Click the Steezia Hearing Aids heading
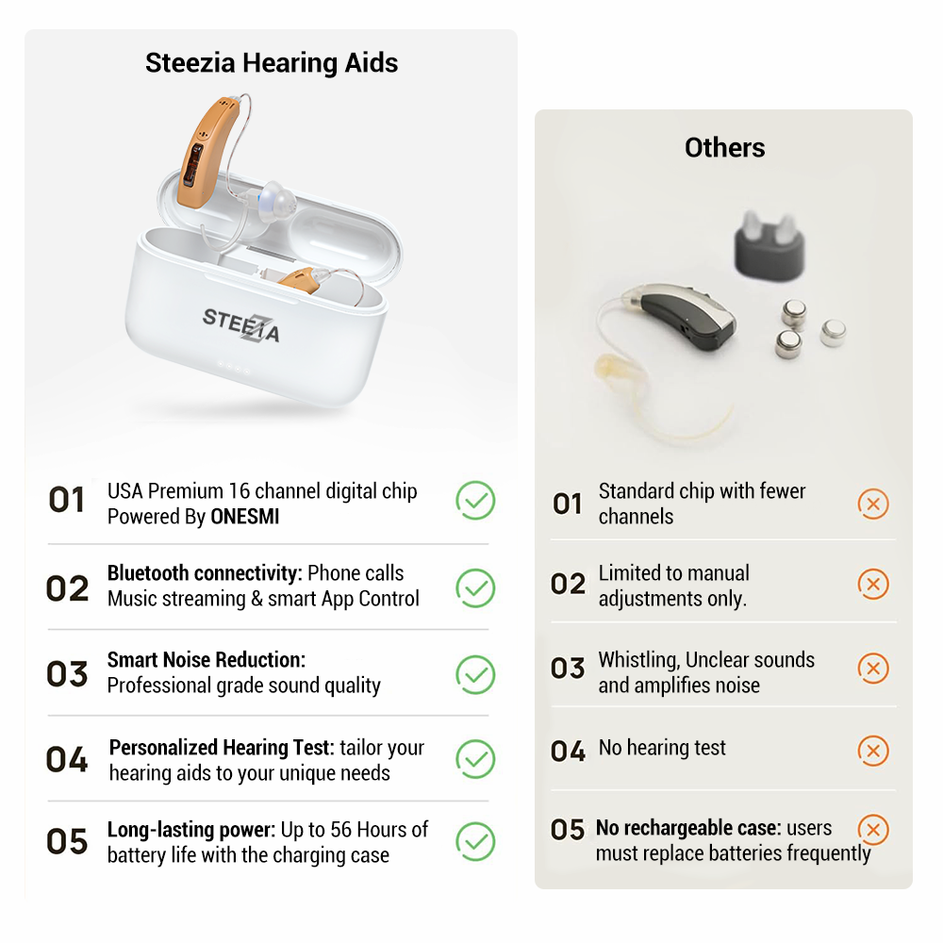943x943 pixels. [272, 63]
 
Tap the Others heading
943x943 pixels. [724, 147]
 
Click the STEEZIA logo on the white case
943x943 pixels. [241, 323]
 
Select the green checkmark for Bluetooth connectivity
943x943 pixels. [475, 587]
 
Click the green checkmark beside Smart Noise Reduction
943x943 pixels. [475, 673]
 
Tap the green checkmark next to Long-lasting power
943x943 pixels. [475, 841]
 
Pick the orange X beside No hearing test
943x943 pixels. [873, 751]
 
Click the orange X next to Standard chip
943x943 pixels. [873, 504]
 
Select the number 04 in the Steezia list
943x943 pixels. [67, 760]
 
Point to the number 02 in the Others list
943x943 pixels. [569, 585]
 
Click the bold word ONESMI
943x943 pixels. [245, 517]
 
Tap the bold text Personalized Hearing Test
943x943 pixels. [222, 748]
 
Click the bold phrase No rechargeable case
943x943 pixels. [688, 828]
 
